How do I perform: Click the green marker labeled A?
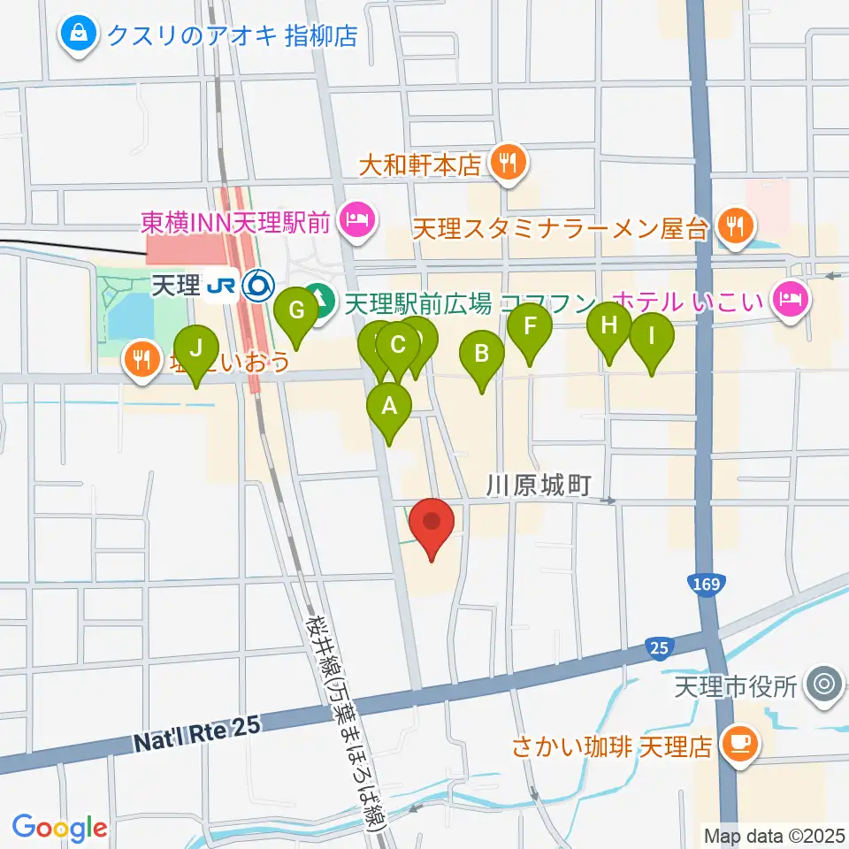[389, 408]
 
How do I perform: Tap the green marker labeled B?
[482, 355]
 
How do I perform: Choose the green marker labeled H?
[608, 326]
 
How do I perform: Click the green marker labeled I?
[652, 337]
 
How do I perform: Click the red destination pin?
[433, 521]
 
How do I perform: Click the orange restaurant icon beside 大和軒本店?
[507, 163]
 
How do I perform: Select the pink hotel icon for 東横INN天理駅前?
[356, 218]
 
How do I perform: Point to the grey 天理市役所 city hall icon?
[826, 685]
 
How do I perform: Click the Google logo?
[59, 828]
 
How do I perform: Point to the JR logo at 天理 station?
[219, 285]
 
